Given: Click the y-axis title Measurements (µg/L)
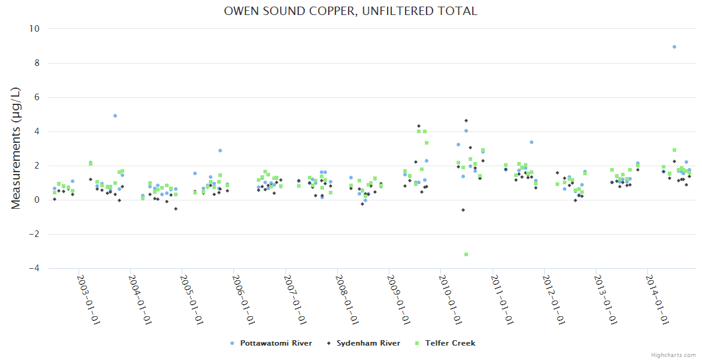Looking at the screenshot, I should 16,148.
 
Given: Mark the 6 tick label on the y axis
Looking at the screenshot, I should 37,97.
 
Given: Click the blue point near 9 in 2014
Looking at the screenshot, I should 674,47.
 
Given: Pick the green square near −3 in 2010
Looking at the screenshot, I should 466,254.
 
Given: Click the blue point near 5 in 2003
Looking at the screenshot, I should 115,116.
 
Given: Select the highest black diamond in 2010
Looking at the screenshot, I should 466,121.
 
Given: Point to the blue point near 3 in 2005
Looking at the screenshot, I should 220,151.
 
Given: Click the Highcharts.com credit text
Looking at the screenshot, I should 673,355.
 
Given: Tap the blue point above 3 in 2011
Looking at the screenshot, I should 532,142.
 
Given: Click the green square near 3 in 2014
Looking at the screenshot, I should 674,150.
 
